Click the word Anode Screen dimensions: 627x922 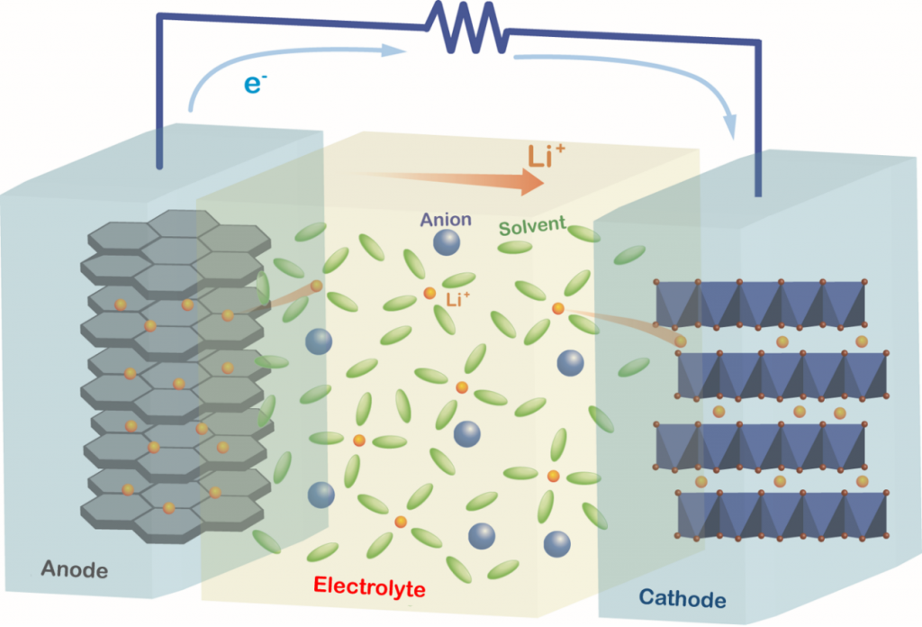[x=75, y=569]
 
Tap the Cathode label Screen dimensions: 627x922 [x=682, y=598]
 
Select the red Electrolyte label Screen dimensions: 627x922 [x=369, y=586]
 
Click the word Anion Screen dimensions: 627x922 [x=446, y=220]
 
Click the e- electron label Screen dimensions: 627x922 [x=256, y=85]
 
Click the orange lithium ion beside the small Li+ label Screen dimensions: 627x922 [x=429, y=294]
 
